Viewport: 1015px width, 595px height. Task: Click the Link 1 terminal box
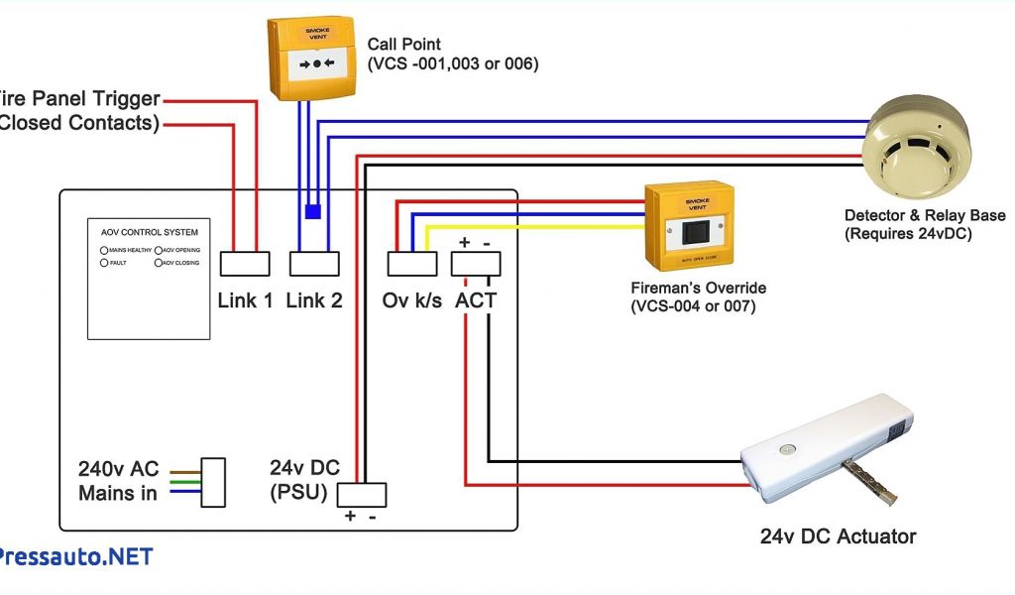(x=245, y=263)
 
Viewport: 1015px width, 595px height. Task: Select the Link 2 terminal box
(x=315, y=263)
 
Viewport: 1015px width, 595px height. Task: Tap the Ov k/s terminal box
(x=411, y=263)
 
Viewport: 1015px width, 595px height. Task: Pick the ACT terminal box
(x=476, y=263)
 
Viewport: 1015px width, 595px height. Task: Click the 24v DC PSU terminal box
(x=362, y=494)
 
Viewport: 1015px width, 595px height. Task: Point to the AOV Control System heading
(x=144, y=232)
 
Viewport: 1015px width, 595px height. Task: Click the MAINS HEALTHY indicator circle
(x=104, y=250)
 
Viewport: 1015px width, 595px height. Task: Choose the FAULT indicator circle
(x=104, y=263)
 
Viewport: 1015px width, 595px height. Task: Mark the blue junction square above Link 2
(x=312, y=211)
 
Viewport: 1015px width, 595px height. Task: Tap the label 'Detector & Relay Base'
(x=924, y=215)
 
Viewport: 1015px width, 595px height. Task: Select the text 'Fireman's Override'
(x=698, y=288)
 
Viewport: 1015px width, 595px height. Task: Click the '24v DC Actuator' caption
(x=838, y=536)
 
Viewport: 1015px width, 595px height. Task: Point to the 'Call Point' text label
(x=403, y=45)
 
